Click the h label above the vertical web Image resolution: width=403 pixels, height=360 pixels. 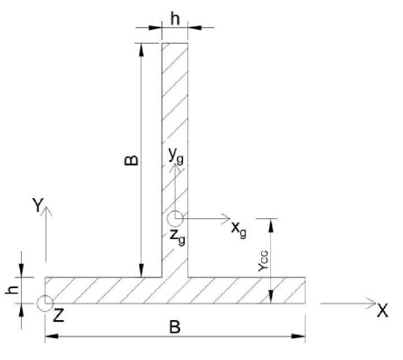[175, 19]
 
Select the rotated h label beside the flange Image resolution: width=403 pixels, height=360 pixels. [12, 290]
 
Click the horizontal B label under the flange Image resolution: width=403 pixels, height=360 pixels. [175, 327]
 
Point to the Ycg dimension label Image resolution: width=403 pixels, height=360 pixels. [263, 261]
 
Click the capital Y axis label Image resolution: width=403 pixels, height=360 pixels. [38, 205]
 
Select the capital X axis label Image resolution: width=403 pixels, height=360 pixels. [382, 310]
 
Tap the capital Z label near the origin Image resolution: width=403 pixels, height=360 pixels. [58, 315]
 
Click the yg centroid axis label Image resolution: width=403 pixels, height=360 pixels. [176, 156]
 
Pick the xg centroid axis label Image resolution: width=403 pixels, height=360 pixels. [238, 230]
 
